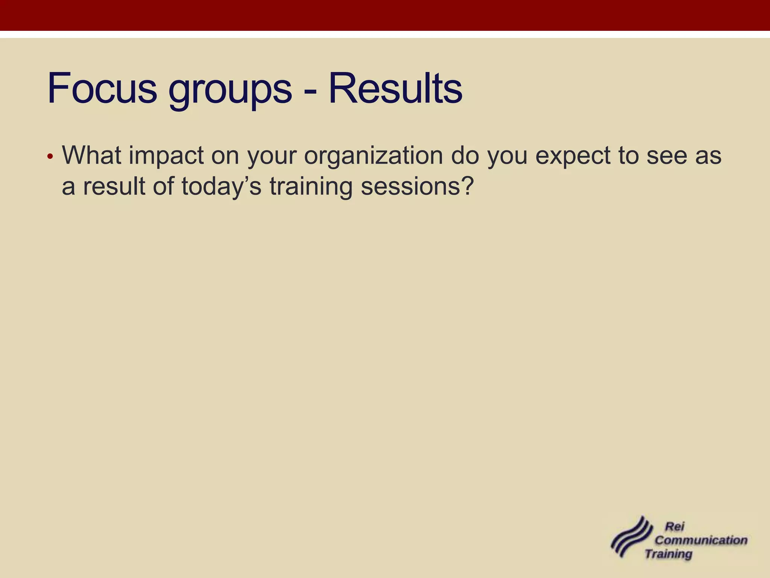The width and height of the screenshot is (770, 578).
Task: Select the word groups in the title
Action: (x=230, y=90)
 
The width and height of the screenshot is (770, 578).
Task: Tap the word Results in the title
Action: (x=395, y=88)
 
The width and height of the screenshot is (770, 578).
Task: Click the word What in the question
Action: (x=91, y=155)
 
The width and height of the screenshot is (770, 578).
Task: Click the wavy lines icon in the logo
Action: (x=631, y=537)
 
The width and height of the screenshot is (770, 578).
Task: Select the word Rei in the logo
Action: (x=675, y=526)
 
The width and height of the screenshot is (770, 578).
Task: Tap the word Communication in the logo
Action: (x=701, y=540)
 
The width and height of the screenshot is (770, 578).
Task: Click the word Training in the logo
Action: (x=668, y=554)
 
